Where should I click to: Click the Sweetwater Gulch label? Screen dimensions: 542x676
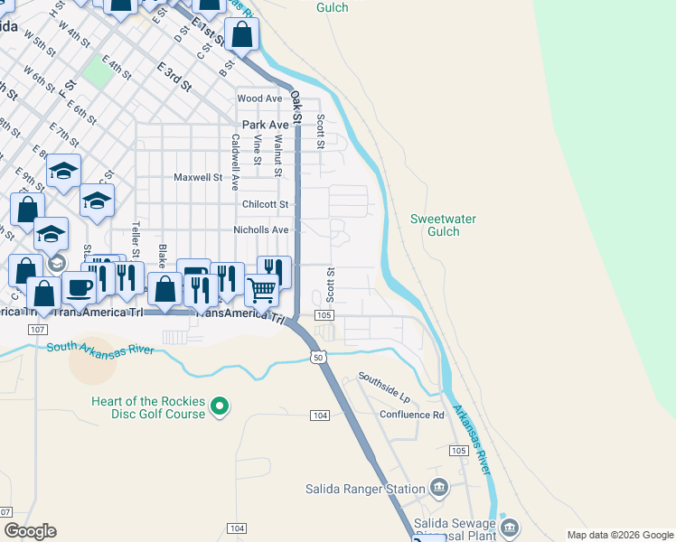(x=443, y=225)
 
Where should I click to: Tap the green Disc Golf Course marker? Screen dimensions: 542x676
(x=219, y=408)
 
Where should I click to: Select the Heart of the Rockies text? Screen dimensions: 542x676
(x=149, y=402)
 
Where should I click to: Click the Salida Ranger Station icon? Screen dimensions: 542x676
(x=439, y=488)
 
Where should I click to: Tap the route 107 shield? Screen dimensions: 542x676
(x=37, y=330)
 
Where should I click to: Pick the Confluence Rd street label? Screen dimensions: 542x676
(x=411, y=415)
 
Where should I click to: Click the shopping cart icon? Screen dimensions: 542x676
(x=261, y=291)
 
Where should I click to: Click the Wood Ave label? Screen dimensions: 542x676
(x=260, y=98)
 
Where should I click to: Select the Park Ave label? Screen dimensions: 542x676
(x=265, y=125)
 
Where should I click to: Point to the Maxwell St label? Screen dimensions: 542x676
(x=198, y=178)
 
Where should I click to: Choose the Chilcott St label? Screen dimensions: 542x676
(x=265, y=204)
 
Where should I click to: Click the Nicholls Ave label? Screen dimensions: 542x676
(x=260, y=230)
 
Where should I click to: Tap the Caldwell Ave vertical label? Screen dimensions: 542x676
(x=235, y=162)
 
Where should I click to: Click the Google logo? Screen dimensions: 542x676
(x=30, y=531)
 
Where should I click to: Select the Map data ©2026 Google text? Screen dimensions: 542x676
(x=619, y=535)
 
